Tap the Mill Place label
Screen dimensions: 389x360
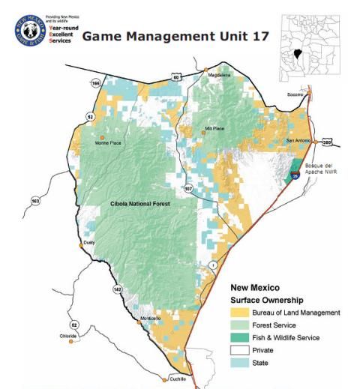click(214, 129)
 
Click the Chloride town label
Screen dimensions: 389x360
click(68, 336)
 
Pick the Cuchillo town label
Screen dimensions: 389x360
click(177, 379)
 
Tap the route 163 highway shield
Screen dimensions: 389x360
click(35, 201)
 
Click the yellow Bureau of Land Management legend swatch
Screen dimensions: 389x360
click(239, 313)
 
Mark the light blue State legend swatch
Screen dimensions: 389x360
click(239, 363)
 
